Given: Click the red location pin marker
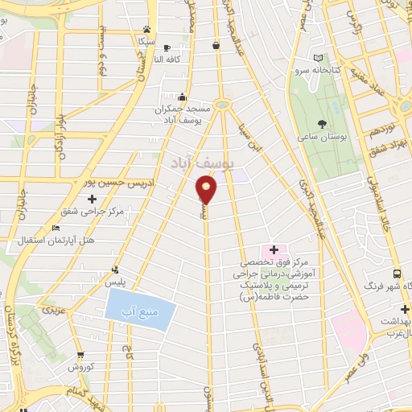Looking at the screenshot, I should (207, 190).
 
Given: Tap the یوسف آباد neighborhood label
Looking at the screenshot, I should (202, 164).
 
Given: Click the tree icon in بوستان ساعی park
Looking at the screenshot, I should (323, 124).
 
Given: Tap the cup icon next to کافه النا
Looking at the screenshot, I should (167, 47).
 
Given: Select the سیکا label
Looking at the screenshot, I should (146, 39).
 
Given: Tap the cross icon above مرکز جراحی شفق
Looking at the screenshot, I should (93, 199).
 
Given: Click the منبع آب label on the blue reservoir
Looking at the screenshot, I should (138, 310).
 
